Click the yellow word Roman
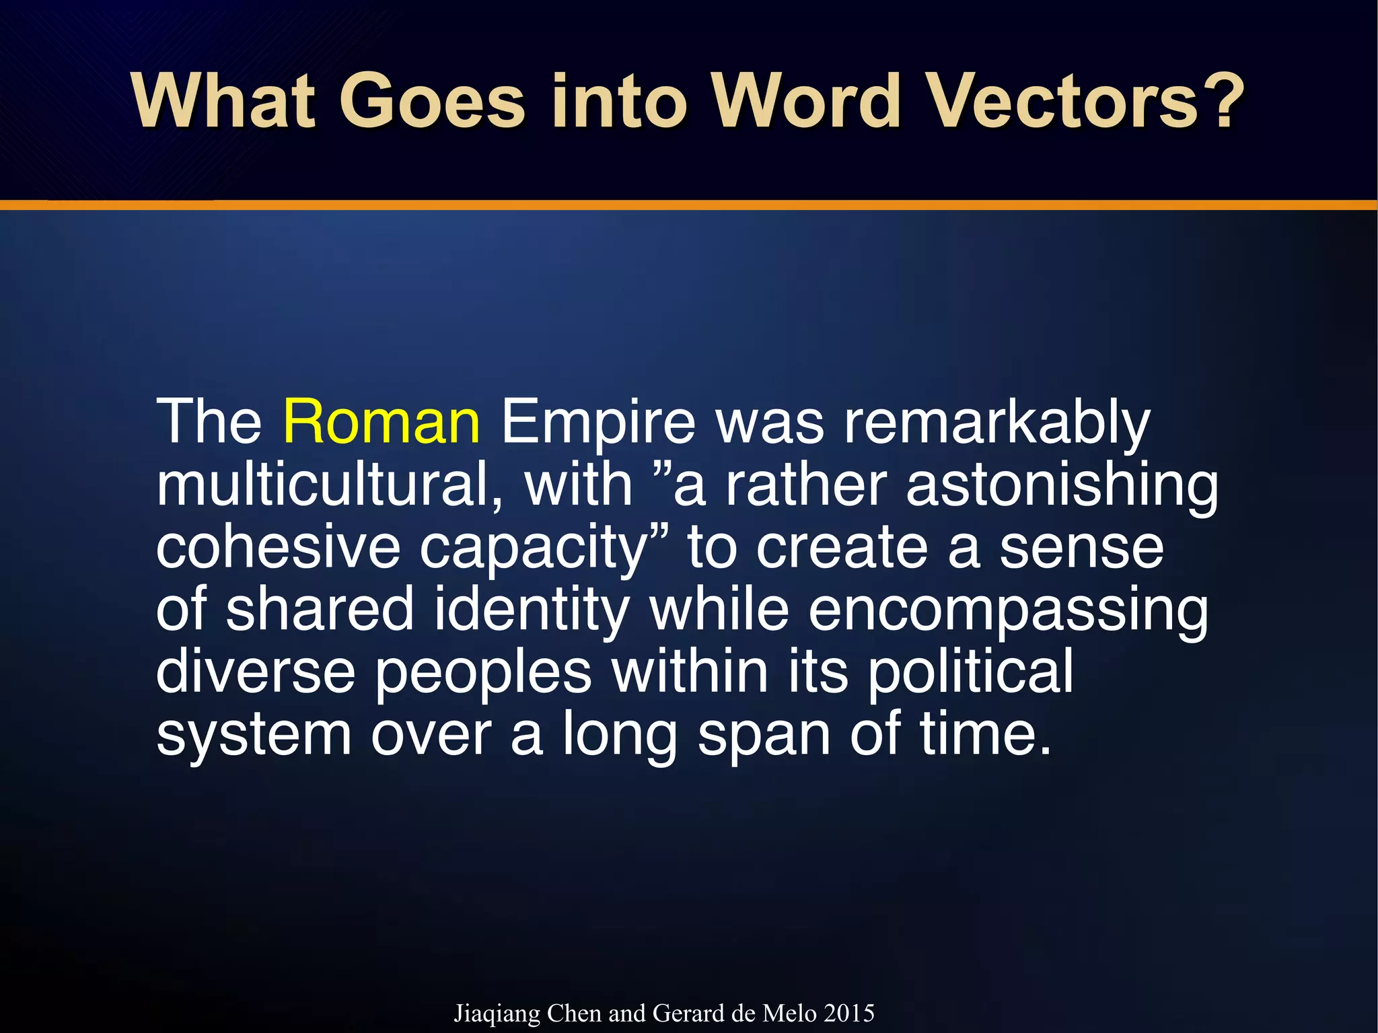(x=382, y=423)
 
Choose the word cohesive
(x=278, y=548)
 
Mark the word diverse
(x=256, y=672)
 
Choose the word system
(x=254, y=735)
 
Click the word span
(x=764, y=736)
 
